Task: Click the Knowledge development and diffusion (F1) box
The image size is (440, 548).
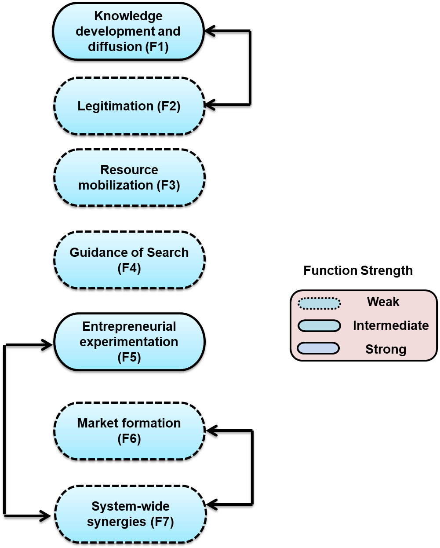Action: [x=128, y=31]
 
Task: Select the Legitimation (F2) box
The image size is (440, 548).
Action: [x=129, y=106]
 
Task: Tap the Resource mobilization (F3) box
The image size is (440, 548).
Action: [x=129, y=178]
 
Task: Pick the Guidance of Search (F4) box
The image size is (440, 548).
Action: [x=129, y=260]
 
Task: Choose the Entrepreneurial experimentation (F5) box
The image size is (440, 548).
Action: [x=129, y=342]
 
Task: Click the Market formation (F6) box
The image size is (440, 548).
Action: [x=129, y=431]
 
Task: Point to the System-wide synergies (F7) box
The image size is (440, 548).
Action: [x=131, y=514]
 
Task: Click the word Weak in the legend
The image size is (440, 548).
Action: [x=383, y=302]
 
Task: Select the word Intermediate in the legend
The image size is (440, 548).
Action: [x=391, y=325]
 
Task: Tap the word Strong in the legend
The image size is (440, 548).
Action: [x=385, y=349]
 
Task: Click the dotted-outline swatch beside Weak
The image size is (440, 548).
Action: [x=319, y=303]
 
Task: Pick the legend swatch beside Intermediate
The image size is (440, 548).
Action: [x=319, y=326]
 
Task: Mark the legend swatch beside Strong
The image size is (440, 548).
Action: [x=318, y=348]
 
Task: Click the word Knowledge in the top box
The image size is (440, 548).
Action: [x=128, y=16]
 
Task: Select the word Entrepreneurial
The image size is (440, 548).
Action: [x=129, y=326]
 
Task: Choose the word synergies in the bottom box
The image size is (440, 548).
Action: [x=116, y=522]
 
